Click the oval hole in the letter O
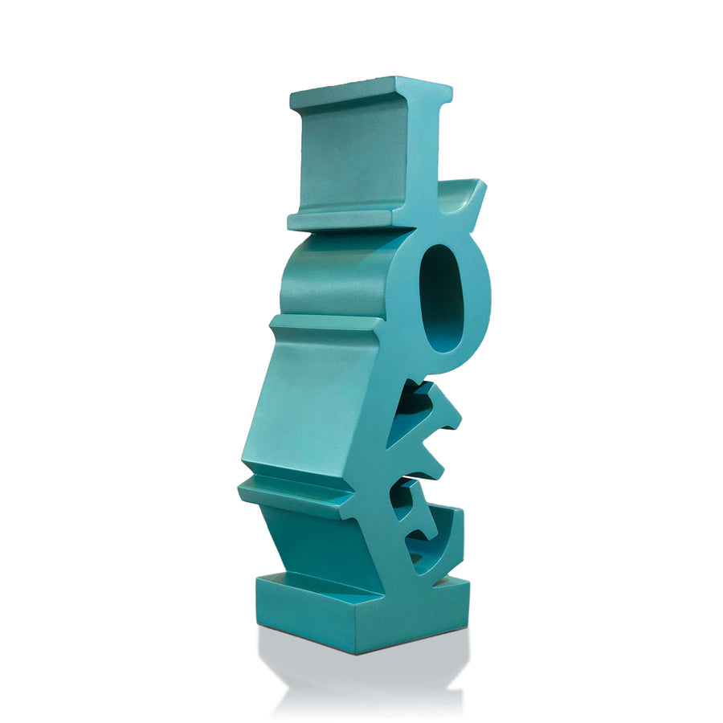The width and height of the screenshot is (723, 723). (441, 298)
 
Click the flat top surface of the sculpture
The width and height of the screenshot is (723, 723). (369, 86)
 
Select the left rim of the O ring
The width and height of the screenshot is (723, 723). (405, 300)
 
